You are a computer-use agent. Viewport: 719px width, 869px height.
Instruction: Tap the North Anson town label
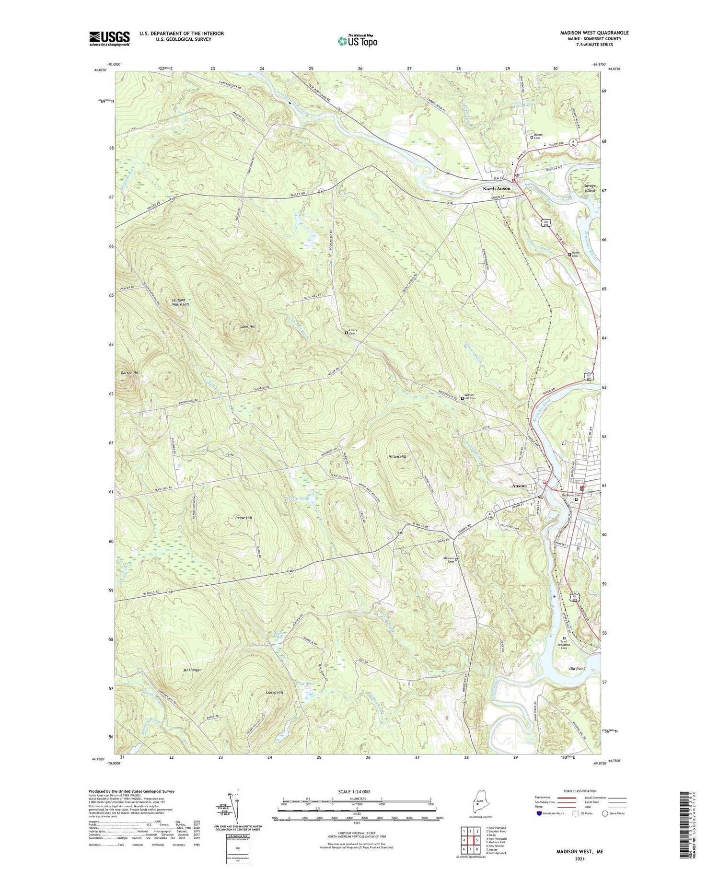pos(496,189)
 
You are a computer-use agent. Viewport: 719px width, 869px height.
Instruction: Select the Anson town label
pos(519,486)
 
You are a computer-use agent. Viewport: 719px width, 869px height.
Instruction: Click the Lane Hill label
pos(247,326)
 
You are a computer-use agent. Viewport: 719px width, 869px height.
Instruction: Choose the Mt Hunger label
pos(191,670)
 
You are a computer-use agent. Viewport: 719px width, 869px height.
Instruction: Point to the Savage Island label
pos(590,188)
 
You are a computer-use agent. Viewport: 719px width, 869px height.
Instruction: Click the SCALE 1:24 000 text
pos(356,792)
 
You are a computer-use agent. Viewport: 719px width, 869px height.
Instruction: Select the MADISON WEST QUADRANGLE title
pos(594,33)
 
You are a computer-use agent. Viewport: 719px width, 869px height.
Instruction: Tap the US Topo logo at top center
pos(357,41)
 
